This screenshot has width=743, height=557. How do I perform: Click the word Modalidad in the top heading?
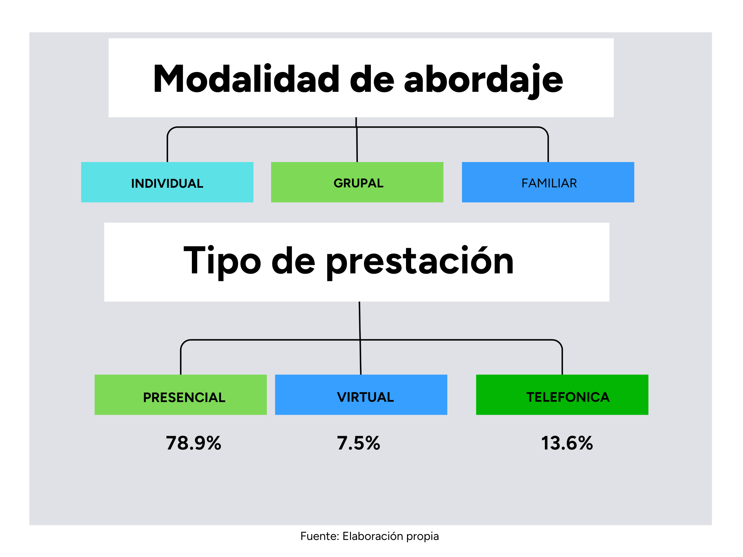click(246, 79)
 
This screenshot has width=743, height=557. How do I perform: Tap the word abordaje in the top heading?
click(483, 81)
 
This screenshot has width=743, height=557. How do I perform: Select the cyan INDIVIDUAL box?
click(167, 182)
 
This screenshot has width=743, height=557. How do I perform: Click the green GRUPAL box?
click(357, 182)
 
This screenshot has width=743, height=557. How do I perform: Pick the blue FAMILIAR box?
click(548, 182)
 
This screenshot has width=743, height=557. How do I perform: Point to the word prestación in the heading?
click(420, 261)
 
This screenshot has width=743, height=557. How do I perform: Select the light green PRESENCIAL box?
click(181, 395)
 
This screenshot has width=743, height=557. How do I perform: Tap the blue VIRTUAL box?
click(361, 395)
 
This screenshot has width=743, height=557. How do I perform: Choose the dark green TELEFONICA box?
click(562, 395)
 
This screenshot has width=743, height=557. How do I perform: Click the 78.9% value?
click(194, 443)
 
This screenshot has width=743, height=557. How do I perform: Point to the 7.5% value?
click(359, 443)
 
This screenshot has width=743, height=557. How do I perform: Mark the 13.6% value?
click(567, 443)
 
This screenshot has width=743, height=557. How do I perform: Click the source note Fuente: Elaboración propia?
click(369, 537)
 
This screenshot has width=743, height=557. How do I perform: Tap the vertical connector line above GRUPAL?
click(356, 140)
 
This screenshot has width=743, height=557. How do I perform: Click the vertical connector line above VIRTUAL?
click(360, 338)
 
